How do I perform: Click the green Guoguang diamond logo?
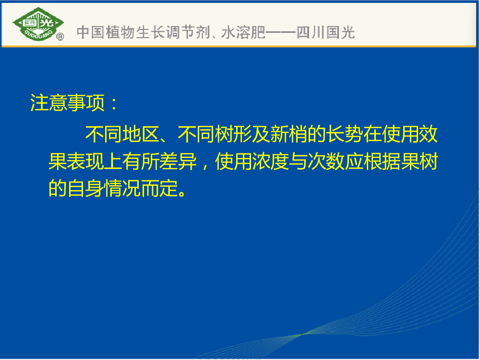click(x=38, y=24)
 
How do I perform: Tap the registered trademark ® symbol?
click(x=60, y=37)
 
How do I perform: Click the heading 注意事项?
click(x=67, y=103)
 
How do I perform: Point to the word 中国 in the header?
click(x=90, y=32)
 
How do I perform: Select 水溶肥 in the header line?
click(x=243, y=32)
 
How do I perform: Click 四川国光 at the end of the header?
click(x=325, y=32)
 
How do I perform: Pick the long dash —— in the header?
click(x=281, y=32)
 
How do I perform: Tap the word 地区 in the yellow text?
click(x=141, y=134)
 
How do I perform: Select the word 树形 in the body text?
click(x=233, y=134)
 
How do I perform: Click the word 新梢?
click(x=288, y=134)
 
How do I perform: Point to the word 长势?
click(x=344, y=134)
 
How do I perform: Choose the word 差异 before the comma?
click(x=178, y=161)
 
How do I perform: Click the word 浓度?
click(x=270, y=161)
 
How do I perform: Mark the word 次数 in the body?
click(x=326, y=161)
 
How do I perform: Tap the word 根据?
click(x=382, y=161)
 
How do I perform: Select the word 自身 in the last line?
click(x=85, y=188)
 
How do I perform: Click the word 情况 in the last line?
click(x=122, y=188)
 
